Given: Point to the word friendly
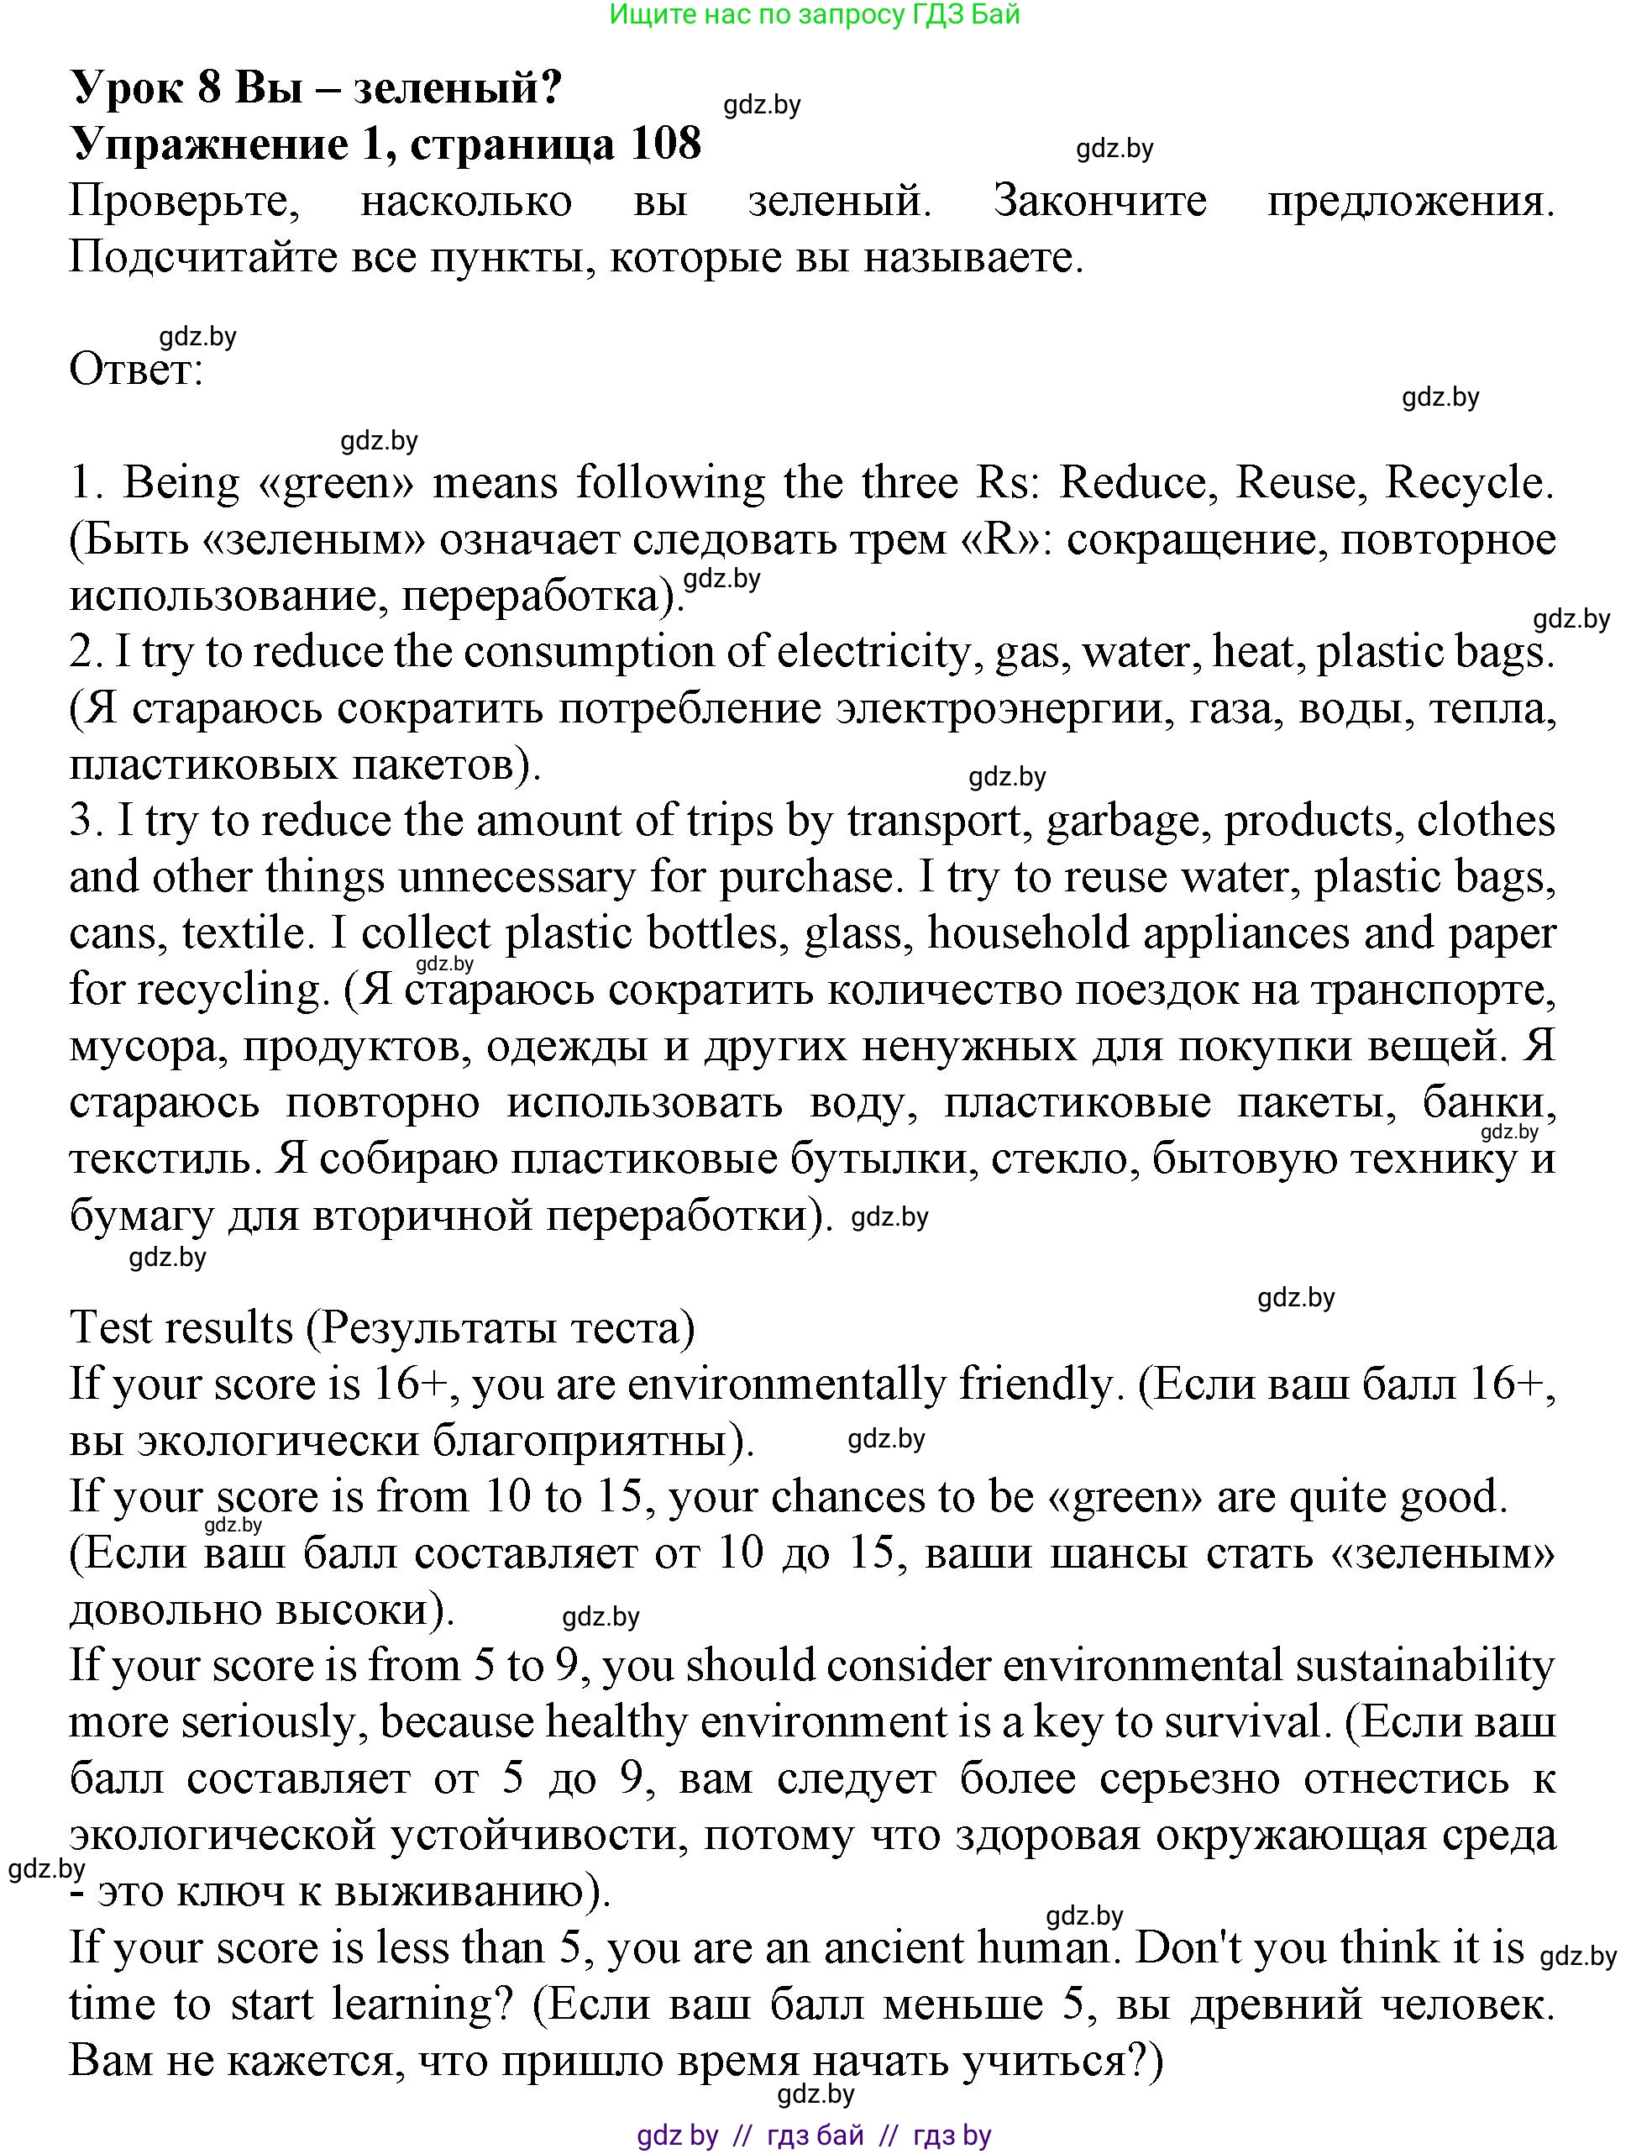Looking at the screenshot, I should click(x=1035, y=1384).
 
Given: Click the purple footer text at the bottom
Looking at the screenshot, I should click(x=814, y=2136).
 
